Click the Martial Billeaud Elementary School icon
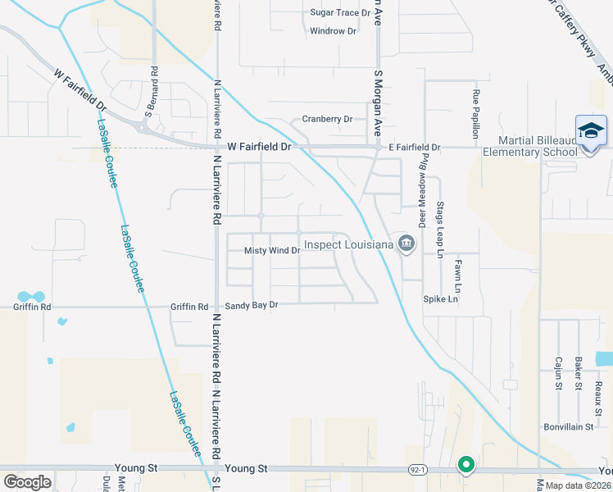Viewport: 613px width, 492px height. [x=590, y=130]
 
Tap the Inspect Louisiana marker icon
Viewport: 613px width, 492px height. [x=406, y=244]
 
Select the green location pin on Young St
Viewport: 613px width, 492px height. [x=466, y=465]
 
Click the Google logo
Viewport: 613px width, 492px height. [x=27, y=481]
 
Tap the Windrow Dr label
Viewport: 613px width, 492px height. [x=334, y=31]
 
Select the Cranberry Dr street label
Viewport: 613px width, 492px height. [x=327, y=119]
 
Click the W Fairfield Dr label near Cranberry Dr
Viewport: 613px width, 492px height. [x=260, y=147]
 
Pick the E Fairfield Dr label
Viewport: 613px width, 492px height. [x=414, y=148]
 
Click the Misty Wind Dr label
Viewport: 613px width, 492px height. [x=273, y=250]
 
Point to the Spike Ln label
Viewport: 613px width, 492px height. [x=441, y=299]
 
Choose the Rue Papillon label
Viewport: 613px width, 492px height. [x=475, y=109]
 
